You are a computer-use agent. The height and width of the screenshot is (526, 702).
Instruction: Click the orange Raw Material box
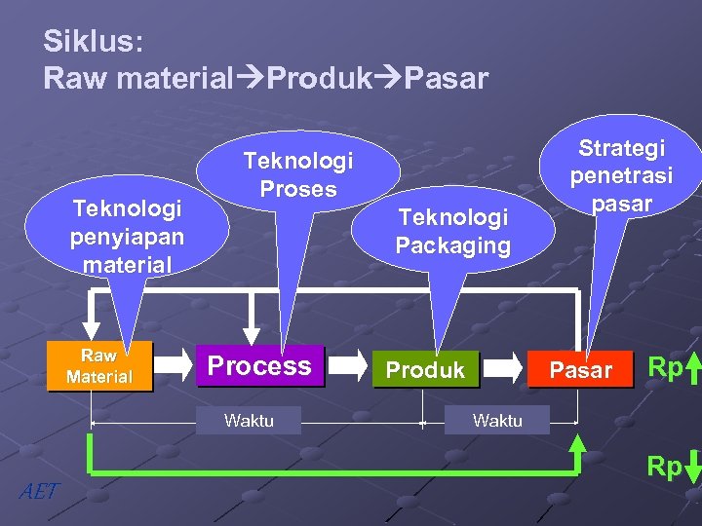[x=98, y=366]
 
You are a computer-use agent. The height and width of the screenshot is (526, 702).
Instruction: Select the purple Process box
[x=259, y=366]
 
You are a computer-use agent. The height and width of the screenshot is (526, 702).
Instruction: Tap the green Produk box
[x=425, y=370]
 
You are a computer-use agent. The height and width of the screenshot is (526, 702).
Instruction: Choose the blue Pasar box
[x=581, y=370]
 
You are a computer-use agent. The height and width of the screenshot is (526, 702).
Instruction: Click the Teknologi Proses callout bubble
[x=298, y=172]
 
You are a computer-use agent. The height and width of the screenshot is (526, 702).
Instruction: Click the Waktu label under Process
[x=249, y=421]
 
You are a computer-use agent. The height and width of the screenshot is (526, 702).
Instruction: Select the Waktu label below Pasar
[x=497, y=421]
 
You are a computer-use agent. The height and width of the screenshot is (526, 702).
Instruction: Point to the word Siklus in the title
[x=93, y=41]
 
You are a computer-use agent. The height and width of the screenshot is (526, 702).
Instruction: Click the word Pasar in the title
[x=446, y=78]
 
